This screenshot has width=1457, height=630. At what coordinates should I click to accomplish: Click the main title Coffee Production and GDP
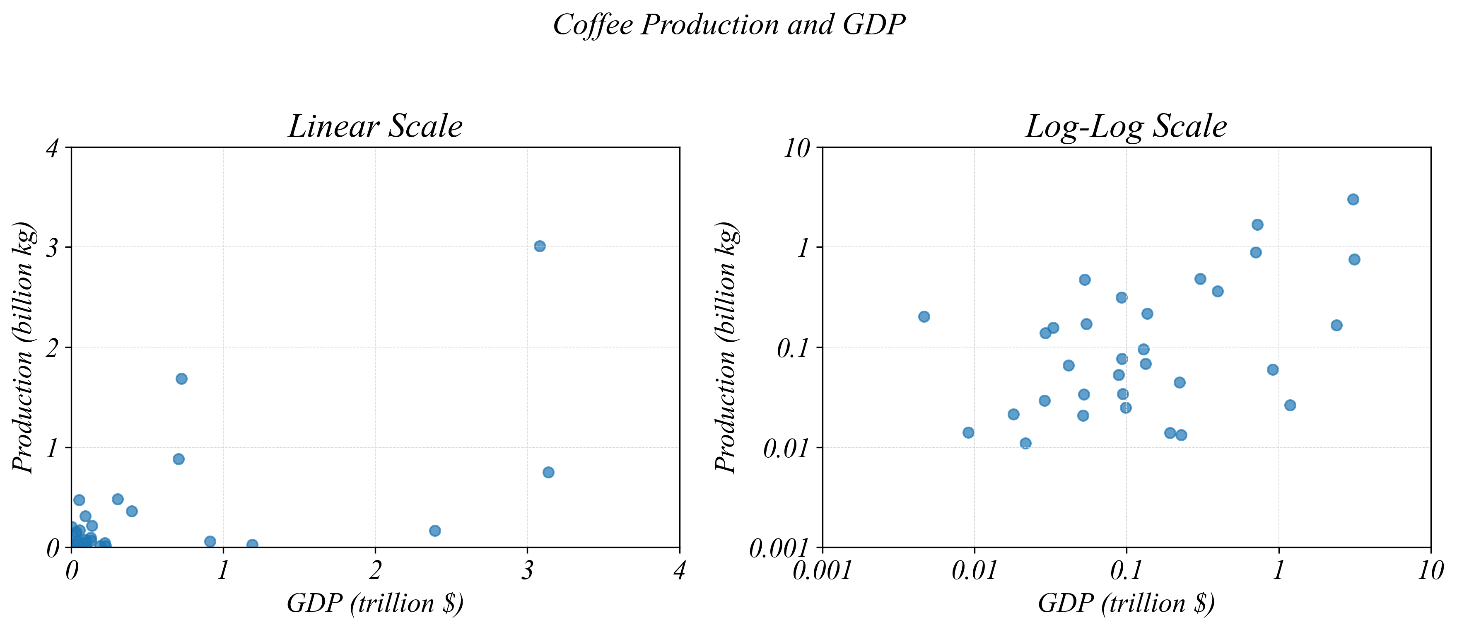coord(728,25)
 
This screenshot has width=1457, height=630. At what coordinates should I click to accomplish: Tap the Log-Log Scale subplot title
coord(1126,126)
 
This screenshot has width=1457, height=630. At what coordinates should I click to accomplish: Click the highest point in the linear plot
coord(540,246)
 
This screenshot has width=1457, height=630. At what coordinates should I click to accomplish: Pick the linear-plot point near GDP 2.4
coord(435,531)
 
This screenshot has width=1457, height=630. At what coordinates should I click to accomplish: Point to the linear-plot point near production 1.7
coord(181,378)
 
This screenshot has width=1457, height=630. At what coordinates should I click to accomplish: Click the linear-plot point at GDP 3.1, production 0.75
coord(548,472)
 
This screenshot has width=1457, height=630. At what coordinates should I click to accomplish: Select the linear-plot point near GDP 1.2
coord(252,545)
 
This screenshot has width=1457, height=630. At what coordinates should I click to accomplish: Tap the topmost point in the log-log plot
coord(1353,199)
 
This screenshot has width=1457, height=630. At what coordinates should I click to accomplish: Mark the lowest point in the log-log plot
coord(1025,443)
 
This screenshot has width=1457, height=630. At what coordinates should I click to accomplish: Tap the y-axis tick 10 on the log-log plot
coord(796,149)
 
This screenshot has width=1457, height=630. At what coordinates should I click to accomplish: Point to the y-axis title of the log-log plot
coord(726,347)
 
